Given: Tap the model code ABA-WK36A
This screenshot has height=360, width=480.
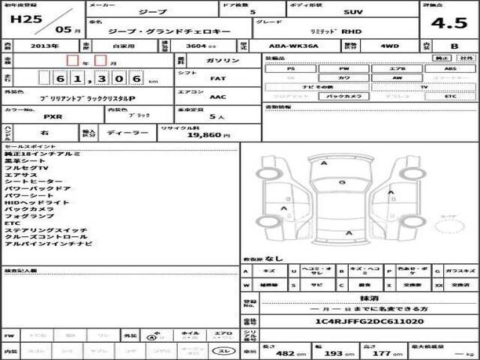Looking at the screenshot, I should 277,46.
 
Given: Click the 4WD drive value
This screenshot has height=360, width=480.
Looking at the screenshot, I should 368,46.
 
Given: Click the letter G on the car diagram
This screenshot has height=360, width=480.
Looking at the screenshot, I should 341,182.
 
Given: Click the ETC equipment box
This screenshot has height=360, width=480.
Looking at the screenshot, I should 449,97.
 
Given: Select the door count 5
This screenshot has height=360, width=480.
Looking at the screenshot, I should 251,13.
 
